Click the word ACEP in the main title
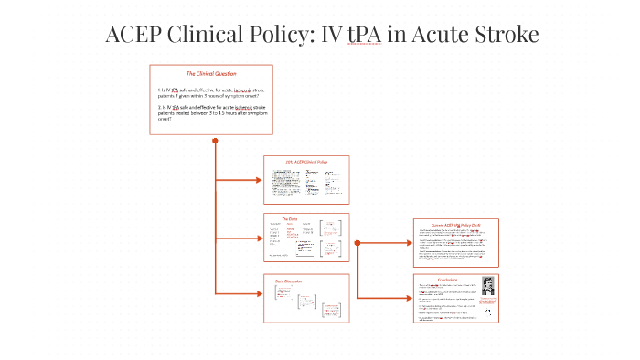(x=137, y=35)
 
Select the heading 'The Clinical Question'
(x=211, y=73)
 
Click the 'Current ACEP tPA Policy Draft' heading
(x=456, y=224)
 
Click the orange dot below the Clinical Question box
(x=215, y=141)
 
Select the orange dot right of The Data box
(x=357, y=243)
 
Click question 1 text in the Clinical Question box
(x=211, y=93)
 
